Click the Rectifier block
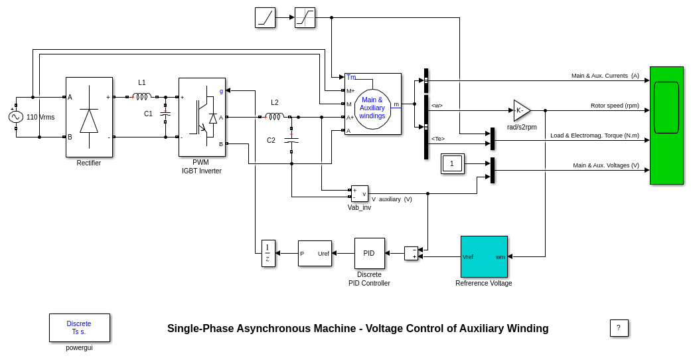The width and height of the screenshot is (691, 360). [x=89, y=118]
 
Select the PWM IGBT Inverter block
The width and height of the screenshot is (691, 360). [x=202, y=118]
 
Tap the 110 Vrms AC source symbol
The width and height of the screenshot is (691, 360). [x=16, y=117]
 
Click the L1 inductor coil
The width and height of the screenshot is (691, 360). [x=142, y=97]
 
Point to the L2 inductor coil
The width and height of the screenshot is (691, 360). [x=274, y=117]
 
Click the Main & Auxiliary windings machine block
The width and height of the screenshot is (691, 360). [x=372, y=104]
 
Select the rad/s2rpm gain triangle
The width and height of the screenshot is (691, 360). [x=521, y=110]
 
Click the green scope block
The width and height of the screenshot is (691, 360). [x=666, y=126]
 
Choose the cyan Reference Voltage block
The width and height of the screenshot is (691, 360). [x=484, y=256]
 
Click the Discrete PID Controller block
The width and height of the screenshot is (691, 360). [x=369, y=253]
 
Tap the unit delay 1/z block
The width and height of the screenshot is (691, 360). [x=268, y=253]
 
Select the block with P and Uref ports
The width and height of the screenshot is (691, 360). [x=315, y=253]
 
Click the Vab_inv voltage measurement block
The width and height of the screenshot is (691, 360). [x=359, y=193]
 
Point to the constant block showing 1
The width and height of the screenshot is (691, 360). [x=452, y=163]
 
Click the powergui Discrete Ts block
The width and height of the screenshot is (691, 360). [x=80, y=327]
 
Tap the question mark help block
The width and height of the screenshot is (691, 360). [x=619, y=327]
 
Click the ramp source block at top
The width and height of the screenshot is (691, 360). [x=265, y=17]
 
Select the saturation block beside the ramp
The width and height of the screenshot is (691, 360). [x=305, y=17]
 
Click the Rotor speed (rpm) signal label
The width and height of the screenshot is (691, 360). [x=615, y=106]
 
